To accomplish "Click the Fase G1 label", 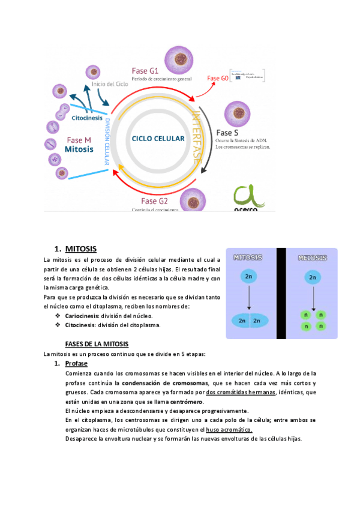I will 145,70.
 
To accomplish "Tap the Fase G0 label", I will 217,78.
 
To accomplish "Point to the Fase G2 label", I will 154,200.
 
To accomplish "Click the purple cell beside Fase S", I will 236,113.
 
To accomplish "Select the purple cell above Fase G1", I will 178,58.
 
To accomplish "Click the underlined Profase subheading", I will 76,364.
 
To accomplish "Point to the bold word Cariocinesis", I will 82,316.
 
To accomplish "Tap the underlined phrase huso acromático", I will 229,430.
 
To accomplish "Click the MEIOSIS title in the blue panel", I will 311,258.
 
